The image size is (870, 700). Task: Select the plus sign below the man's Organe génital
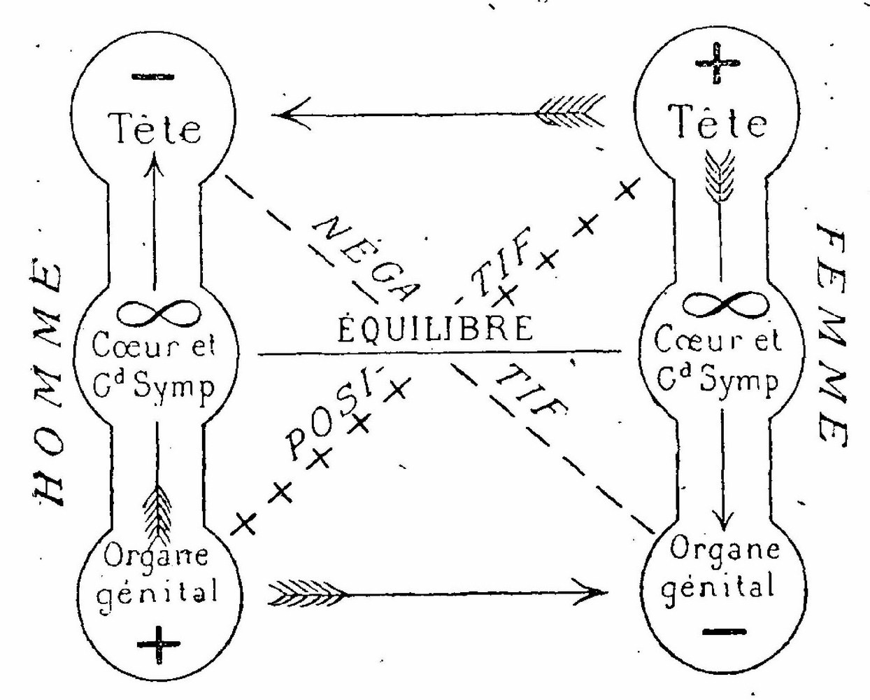(158, 641)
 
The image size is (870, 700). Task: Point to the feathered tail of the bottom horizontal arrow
(305, 594)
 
